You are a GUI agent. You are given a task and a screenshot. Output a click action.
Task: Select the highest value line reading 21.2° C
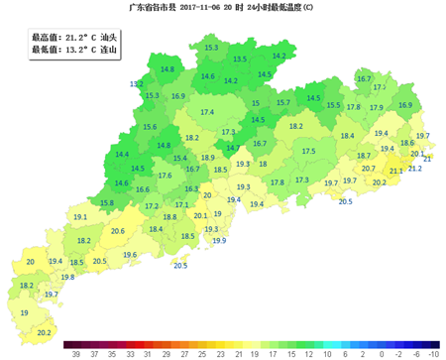74,37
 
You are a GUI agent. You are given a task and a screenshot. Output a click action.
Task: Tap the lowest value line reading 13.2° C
74,49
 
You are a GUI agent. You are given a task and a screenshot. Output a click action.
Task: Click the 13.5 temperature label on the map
240,60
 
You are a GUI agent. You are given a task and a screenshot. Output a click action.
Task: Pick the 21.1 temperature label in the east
395,172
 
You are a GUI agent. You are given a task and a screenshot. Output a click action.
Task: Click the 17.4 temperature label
207,113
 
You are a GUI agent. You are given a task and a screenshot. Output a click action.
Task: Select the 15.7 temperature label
283,103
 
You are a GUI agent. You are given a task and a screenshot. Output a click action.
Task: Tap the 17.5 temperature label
308,151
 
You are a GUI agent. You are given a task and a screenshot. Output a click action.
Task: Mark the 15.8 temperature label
107,202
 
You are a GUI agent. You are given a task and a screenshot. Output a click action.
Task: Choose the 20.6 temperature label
118,231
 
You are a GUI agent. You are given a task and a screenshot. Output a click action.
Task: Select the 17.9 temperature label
377,107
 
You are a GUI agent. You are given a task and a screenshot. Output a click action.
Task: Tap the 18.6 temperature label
406,143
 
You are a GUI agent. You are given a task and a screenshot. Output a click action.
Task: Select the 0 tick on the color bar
364,353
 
